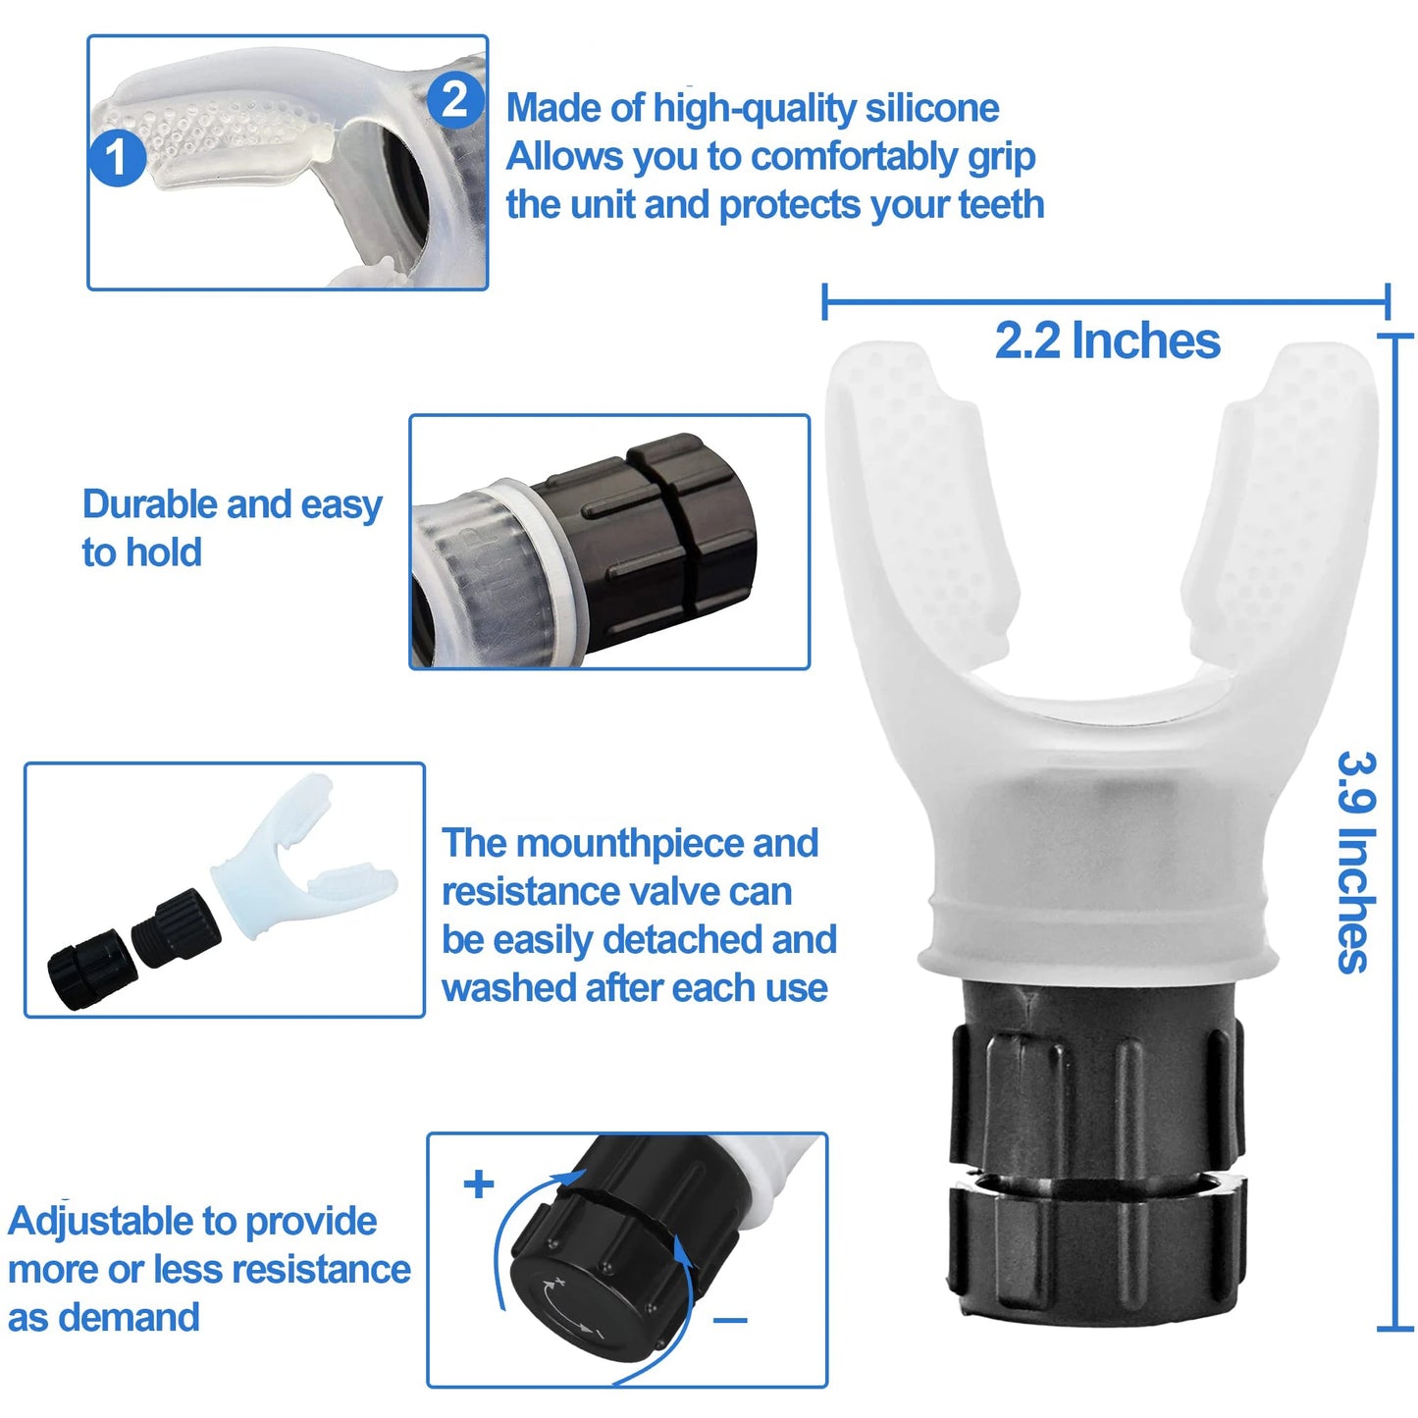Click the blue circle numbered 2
[454, 100]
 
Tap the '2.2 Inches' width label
[1107, 341]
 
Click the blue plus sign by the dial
[479, 1184]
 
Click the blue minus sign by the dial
[730, 1321]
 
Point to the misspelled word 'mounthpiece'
[628, 843]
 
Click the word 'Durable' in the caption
[149, 504]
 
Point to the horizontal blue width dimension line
[1106, 301]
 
